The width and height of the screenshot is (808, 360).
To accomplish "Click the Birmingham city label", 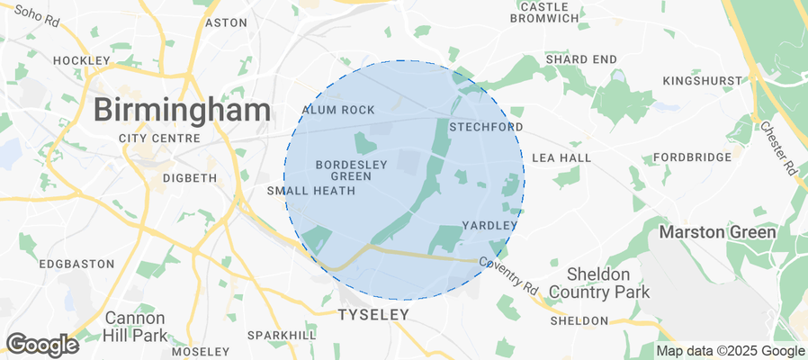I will point(182,111).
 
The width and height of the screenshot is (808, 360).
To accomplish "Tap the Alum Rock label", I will point(337,110).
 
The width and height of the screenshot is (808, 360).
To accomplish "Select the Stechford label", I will point(485,127).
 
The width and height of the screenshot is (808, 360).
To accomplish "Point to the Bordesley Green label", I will point(344,170).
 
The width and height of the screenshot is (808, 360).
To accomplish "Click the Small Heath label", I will point(305,191).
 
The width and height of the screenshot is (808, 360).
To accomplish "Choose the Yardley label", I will point(489,225).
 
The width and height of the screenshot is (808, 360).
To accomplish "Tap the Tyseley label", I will point(373,315).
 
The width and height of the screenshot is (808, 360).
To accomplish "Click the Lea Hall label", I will point(561,157).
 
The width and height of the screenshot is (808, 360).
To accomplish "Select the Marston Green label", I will point(717,232).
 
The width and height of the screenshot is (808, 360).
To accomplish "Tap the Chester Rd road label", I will point(779,148).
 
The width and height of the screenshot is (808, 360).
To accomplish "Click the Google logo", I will point(41,344).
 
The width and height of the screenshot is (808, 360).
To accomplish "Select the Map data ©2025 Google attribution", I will point(731,351).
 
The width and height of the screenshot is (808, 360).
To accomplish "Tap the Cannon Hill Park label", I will point(135,326).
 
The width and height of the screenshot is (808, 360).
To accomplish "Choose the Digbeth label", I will point(189,178).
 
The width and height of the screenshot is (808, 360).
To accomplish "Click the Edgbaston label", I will point(76,264).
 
